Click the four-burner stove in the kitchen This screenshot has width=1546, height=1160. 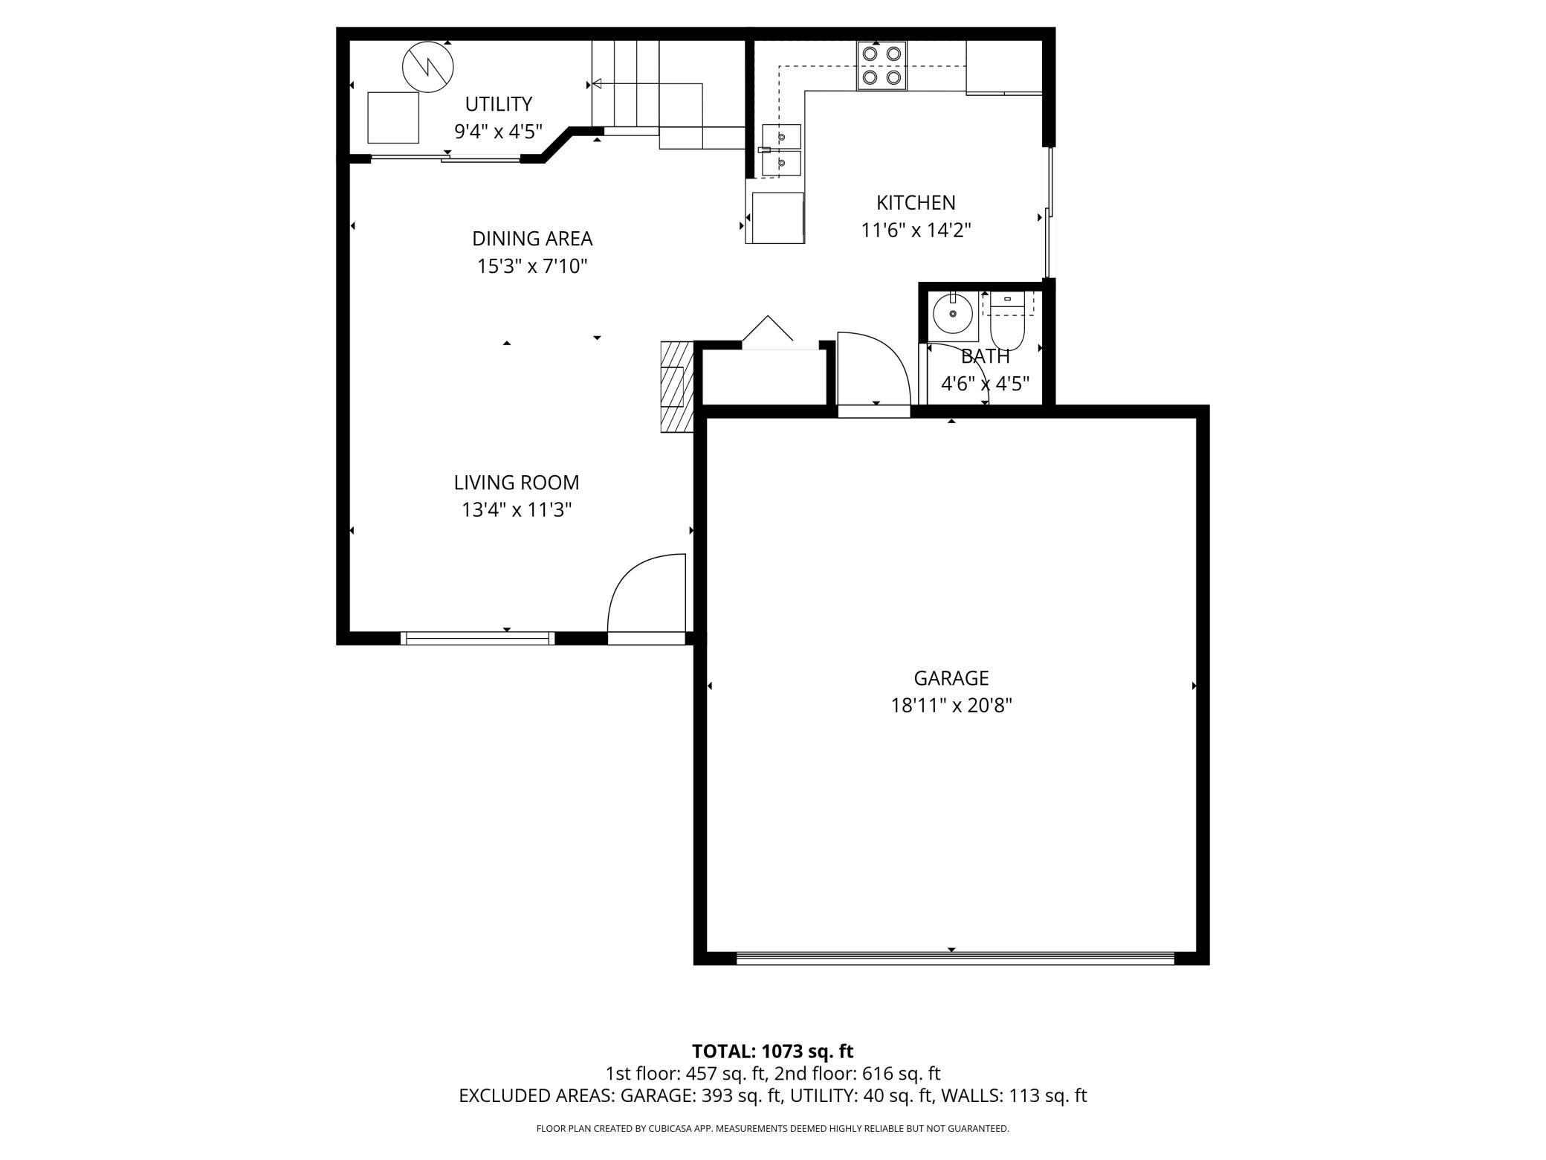[x=882, y=65]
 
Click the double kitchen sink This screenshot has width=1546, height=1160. [x=781, y=149]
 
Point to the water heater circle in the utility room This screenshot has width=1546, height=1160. [x=428, y=67]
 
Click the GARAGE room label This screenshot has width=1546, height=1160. [x=951, y=678]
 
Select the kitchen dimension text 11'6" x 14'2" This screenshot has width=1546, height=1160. [x=916, y=231]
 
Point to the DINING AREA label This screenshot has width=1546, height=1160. [x=532, y=239]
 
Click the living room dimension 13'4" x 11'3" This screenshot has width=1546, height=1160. [x=517, y=510]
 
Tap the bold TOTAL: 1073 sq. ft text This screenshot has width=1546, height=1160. [x=772, y=1051]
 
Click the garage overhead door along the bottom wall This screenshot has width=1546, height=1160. [x=954, y=959]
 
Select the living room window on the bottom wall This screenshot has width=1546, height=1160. [x=477, y=638]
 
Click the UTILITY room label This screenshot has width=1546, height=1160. [x=499, y=103]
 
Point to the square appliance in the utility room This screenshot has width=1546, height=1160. [x=393, y=117]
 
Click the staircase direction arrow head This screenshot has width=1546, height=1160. [x=596, y=84]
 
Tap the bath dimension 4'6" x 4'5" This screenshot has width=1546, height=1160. [x=985, y=384]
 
